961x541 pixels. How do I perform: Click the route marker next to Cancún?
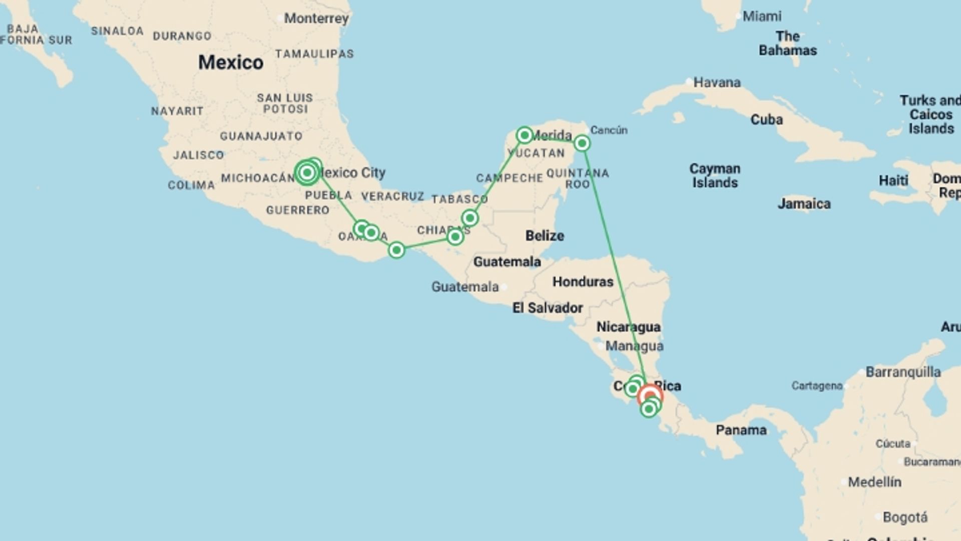click(582, 144)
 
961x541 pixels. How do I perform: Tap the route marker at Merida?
click(524, 135)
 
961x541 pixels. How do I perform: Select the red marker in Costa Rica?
click(650, 396)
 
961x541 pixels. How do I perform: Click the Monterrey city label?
click(316, 19)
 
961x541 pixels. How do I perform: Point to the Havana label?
click(716, 82)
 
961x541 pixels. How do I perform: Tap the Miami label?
click(761, 17)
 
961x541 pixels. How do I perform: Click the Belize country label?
click(545, 235)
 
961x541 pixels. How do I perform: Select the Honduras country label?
click(583, 282)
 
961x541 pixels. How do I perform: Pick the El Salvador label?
click(548, 308)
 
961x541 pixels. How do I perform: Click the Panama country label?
click(741, 430)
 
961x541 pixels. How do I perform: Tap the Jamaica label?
click(804, 204)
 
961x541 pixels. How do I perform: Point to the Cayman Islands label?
click(715, 175)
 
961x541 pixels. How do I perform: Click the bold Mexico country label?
click(231, 62)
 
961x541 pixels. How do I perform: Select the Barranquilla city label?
click(903, 372)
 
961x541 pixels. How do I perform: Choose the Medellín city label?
click(874, 482)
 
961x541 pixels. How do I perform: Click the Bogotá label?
click(905, 517)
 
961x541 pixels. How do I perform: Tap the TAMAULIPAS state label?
click(314, 54)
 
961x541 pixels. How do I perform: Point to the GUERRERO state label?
click(298, 210)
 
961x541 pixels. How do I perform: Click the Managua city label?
click(634, 346)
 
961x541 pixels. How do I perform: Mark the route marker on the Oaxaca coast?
click(396, 250)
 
